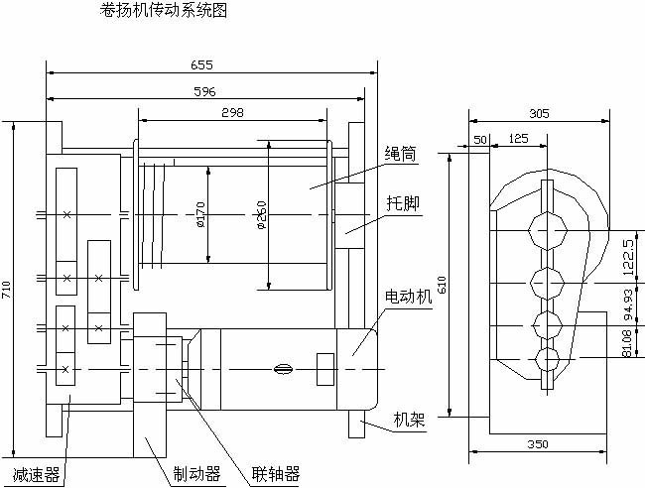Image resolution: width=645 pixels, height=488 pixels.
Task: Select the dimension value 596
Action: tap(203, 91)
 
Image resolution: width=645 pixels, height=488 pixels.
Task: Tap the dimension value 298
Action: tap(232, 112)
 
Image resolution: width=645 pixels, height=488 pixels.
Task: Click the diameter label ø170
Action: tap(200, 216)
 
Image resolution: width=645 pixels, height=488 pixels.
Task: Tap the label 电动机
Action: tap(408, 298)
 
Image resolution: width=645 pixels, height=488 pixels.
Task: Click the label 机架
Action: tap(409, 420)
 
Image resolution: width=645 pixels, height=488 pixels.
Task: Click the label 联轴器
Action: tap(275, 474)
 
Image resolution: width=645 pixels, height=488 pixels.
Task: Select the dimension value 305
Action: tap(539, 114)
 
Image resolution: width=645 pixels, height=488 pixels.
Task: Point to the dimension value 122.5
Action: tap(627, 257)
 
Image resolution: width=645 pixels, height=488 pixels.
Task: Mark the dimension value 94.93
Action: tap(627, 309)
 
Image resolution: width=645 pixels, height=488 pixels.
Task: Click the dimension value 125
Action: tap(517, 140)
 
